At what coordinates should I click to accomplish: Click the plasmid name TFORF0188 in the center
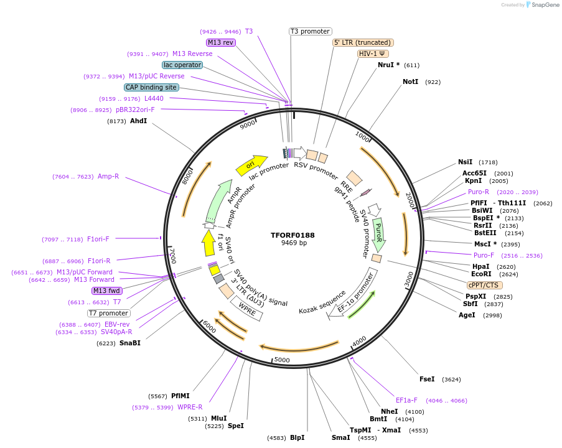[293, 236]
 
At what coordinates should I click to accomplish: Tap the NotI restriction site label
[411, 82]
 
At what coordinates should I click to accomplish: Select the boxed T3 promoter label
[311, 31]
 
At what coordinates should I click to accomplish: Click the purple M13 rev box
[221, 42]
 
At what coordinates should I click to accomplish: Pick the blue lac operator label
[182, 65]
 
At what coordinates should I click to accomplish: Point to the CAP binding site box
[151, 87]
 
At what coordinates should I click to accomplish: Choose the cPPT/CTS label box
[484, 285]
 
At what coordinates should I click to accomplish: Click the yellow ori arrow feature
[251, 165]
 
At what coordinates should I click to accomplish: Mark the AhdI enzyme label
[138, 121]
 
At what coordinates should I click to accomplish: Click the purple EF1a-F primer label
[406, 400]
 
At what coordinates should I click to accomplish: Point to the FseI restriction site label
[427, 379]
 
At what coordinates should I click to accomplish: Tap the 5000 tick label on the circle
[282, 360]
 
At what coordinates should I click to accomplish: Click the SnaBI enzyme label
[130, 343]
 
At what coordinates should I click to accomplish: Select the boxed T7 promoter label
[108, 313]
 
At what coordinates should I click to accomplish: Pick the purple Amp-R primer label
[108, 177]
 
